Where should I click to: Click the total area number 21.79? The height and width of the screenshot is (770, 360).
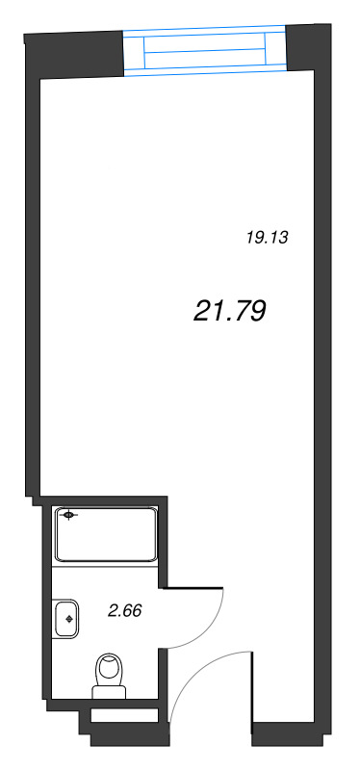tap(230, 311)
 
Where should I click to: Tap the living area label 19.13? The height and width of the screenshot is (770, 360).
tap(267, 238)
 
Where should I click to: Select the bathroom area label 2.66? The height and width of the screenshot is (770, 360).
tap(125, 611)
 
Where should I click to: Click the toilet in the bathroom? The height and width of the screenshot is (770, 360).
tap(110, 676)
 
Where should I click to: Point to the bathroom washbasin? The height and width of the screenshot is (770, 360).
tap(66, 619)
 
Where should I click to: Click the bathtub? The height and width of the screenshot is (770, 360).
tap(106, 535)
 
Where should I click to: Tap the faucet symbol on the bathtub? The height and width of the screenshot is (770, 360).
tap(68, 515)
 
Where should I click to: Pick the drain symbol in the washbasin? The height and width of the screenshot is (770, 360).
tap(69, 619)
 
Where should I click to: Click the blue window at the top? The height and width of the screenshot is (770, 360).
tap(204, 50)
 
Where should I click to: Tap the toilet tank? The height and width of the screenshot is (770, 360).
tap(110, 692)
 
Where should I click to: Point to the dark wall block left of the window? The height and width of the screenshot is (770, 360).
tap(74, 54)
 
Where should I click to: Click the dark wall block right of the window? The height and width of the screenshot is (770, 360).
tap(308, 47)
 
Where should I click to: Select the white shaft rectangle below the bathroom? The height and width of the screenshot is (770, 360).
tap(125, 715)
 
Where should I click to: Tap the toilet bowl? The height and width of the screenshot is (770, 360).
tap(110, 669)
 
